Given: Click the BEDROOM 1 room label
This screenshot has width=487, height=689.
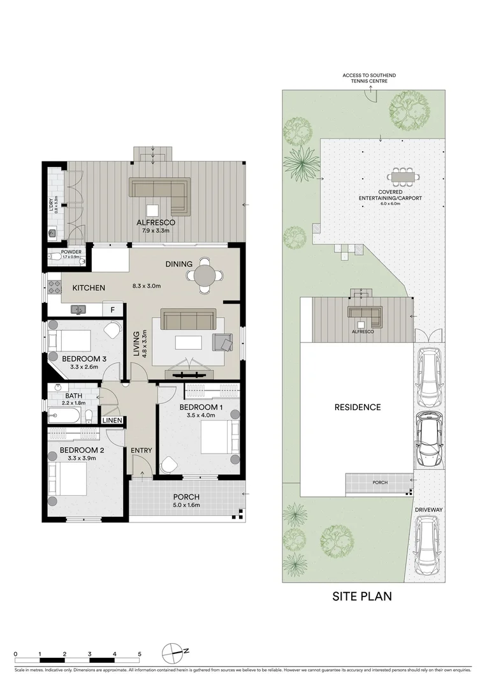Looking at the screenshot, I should point(201,407).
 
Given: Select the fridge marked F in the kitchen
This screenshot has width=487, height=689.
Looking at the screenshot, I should point(113,309).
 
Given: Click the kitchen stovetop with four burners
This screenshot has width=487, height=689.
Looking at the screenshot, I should point(54,287).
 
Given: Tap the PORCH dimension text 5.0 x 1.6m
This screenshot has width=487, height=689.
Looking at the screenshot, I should point(186,505).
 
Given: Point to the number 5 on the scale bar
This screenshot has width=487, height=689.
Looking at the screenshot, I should point(139,655).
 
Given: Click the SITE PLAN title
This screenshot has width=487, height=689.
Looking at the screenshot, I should point(362,597).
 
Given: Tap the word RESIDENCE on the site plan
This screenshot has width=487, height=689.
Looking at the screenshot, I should point(358,407).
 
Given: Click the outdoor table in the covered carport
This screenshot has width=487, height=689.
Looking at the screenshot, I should point(402,175).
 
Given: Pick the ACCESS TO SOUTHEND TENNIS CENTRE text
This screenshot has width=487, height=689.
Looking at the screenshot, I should point(366,78).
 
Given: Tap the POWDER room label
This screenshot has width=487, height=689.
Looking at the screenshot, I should point(71,252).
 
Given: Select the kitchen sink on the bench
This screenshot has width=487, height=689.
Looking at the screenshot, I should point(80,309).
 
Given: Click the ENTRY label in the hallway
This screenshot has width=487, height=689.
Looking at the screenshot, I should point(142,450).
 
